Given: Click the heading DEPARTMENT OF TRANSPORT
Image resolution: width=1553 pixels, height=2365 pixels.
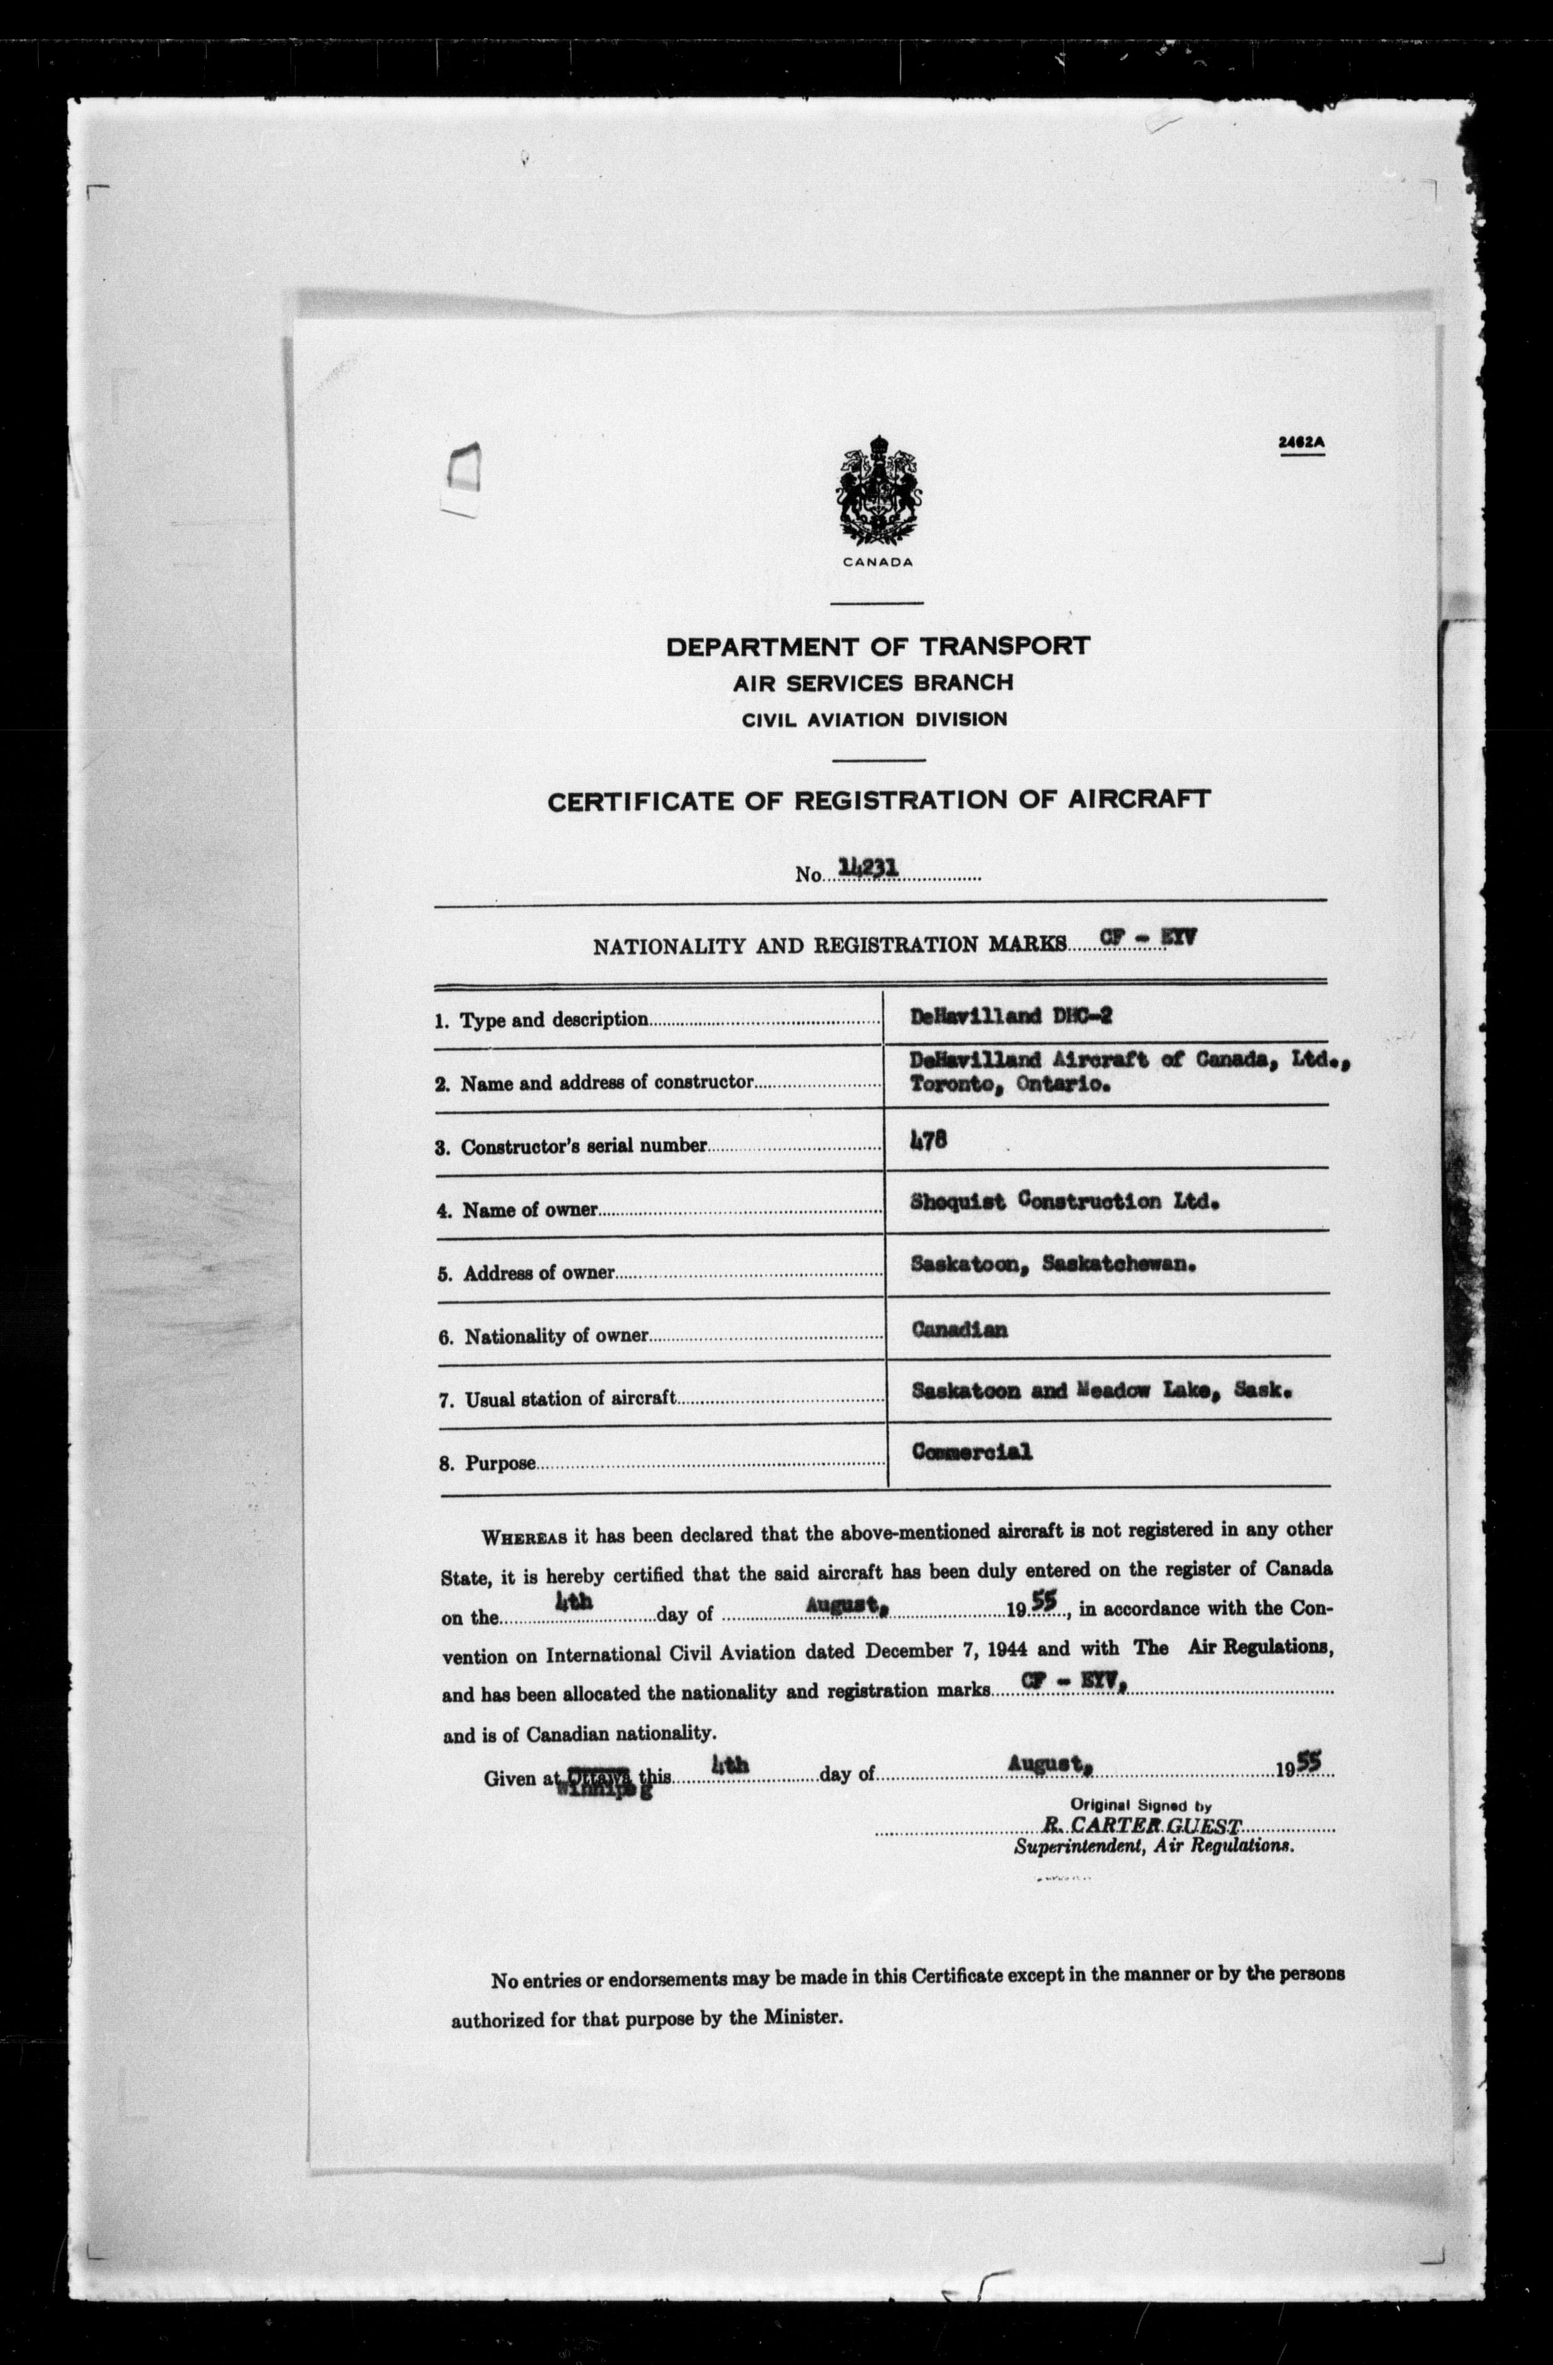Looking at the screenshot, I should (877, 646).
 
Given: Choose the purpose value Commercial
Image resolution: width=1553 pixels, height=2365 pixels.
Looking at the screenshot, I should (972, 1452).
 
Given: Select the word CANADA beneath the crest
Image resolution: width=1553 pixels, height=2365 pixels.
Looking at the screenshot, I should (877, 561).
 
